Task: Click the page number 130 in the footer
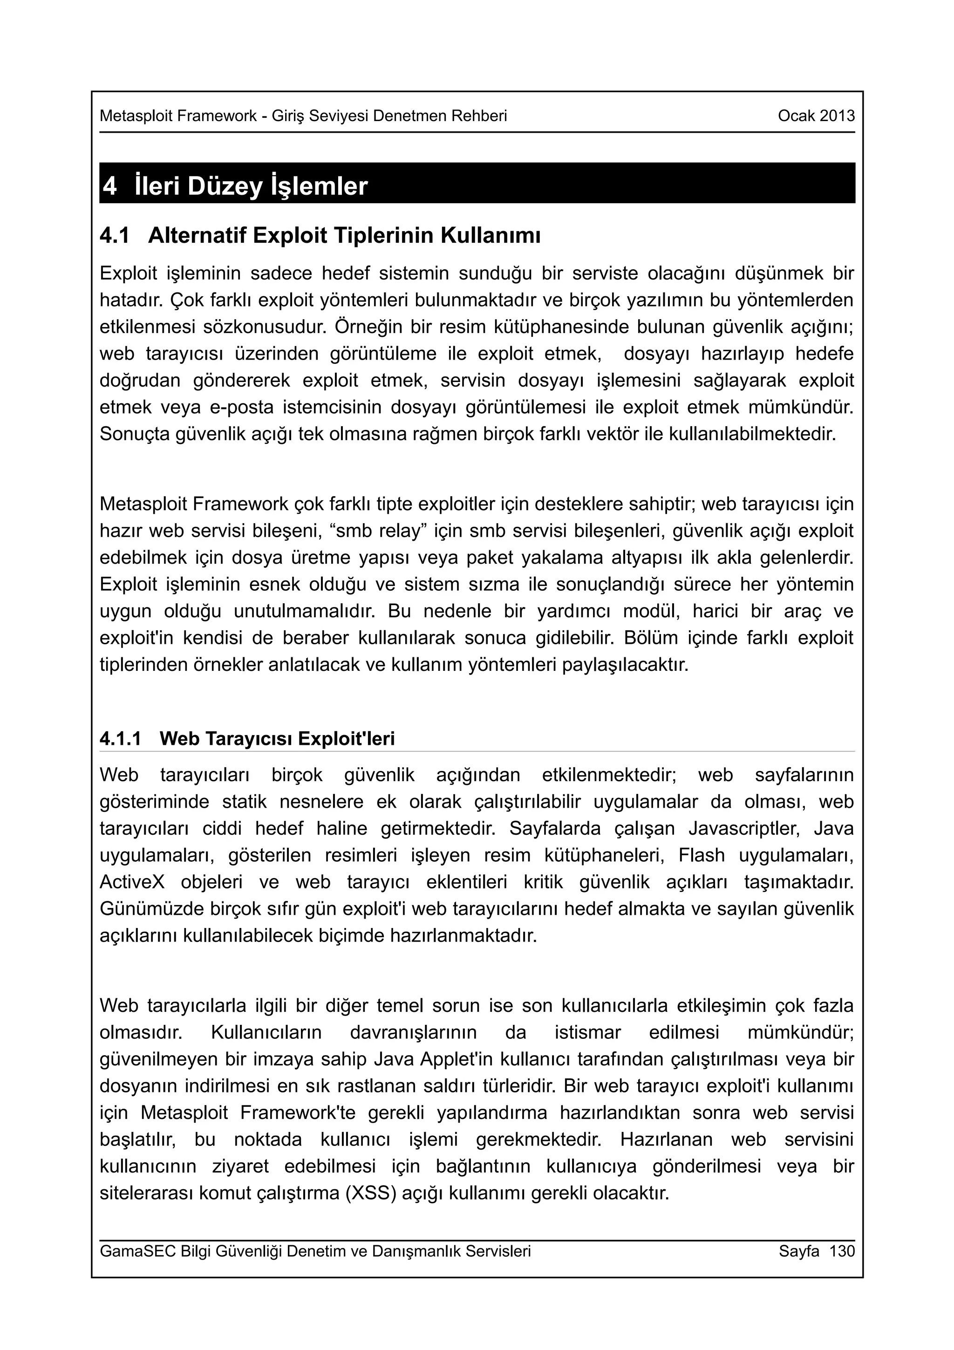point(842,1251)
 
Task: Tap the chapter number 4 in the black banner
point(110,186)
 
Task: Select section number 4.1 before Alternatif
point(115,236)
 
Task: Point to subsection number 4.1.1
point(121,738)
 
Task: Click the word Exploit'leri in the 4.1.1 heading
point(346,738)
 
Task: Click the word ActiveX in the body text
point(133,883)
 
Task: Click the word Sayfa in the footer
point(799,1251)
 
